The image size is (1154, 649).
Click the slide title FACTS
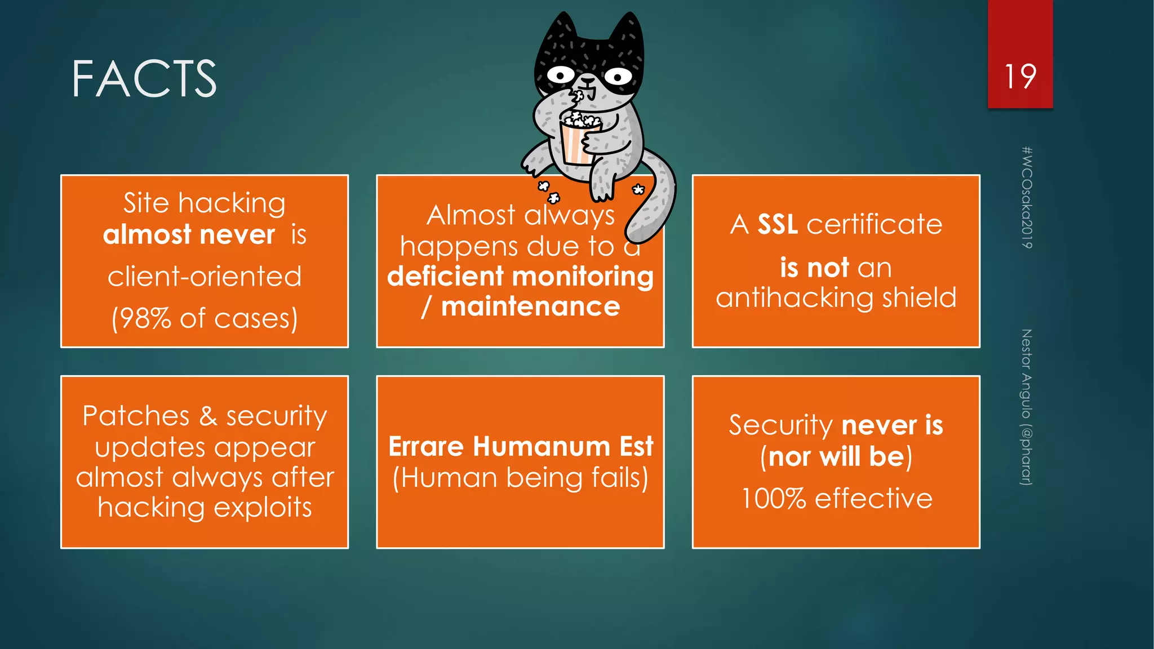point(144,79)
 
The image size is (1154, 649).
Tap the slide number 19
point(1020,77)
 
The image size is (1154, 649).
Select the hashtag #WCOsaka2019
point(1027,197)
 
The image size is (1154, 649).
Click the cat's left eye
point(560,74)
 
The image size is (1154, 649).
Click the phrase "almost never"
point(189,234)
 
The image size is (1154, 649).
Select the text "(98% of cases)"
point(205,319)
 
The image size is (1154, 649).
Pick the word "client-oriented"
point(205,277)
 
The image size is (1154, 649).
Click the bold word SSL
point(778,225)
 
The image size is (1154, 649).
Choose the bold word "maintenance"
point(530,307)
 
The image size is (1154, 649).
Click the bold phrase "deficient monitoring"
point(520,277)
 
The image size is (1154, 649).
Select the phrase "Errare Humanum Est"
point(521,447)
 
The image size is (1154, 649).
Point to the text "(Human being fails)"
point(521,478)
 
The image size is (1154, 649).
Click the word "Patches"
point(136,416)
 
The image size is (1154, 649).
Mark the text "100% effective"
point(836,499)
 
